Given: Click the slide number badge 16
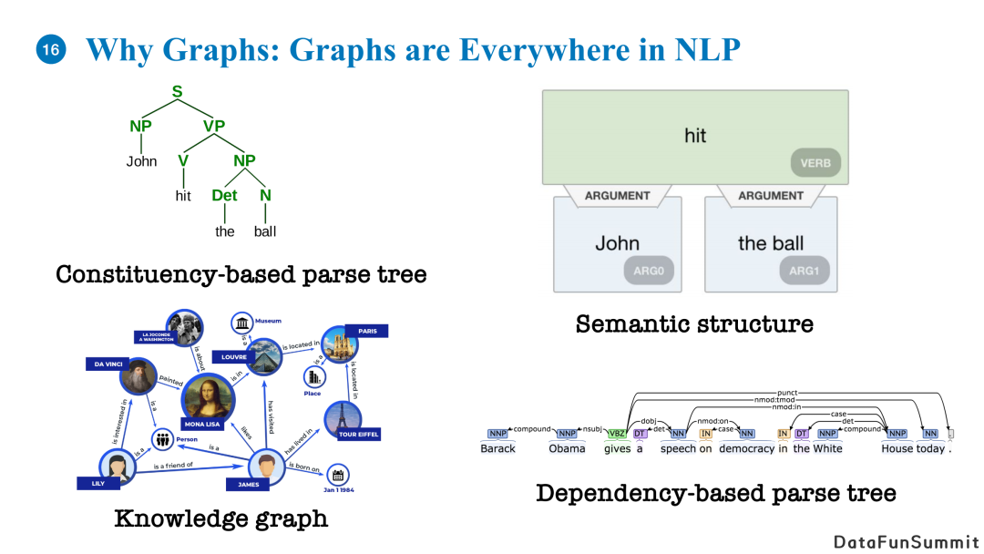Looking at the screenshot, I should (50, 50).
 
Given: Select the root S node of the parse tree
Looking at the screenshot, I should (178, 92).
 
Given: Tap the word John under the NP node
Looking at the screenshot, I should (141, 161).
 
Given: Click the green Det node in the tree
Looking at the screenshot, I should (224, 195).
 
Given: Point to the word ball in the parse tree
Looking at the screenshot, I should (265, 231).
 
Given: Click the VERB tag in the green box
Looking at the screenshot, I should (815, 165).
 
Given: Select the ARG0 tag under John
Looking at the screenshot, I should (650, 271).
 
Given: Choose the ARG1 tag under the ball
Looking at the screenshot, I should (805, 271).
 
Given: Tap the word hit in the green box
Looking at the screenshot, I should (695, 136).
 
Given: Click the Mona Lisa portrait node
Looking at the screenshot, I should (215, 400).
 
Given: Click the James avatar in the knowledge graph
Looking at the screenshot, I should (268, 467).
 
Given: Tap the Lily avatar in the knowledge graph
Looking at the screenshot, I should (117, 467).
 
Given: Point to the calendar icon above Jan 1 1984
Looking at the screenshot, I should (338, 475).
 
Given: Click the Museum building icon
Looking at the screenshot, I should (242, 323).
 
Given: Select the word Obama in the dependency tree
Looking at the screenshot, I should (567, 448).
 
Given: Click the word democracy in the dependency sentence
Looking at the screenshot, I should (746, 448).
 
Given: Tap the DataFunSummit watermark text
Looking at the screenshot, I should (907, 541).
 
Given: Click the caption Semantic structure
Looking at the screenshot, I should (694, 323).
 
